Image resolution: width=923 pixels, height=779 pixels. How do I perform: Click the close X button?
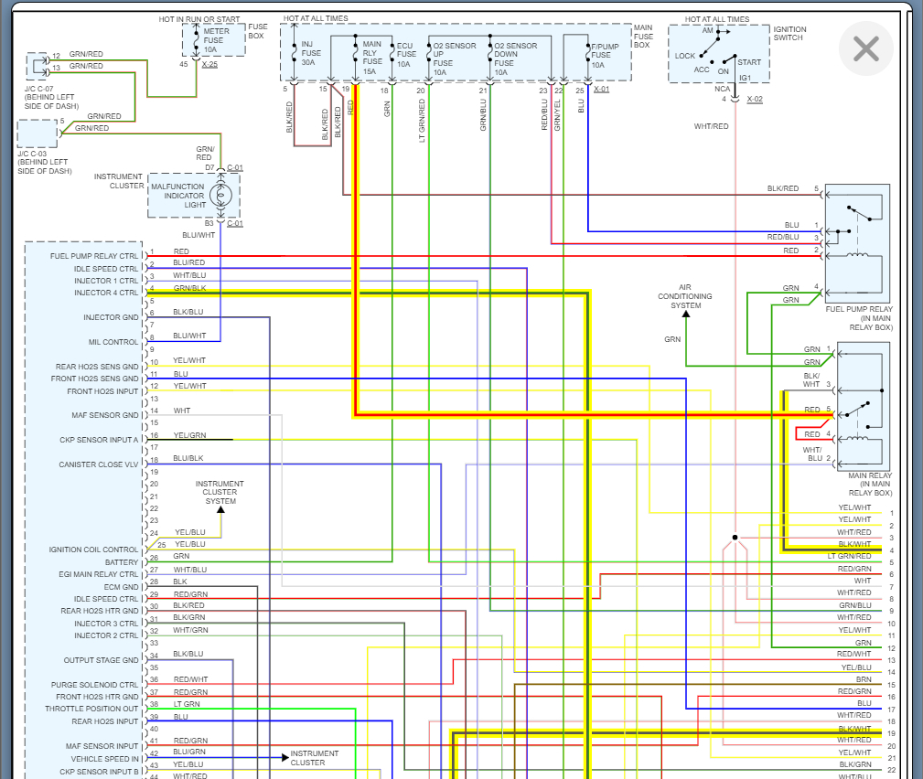(865, 48)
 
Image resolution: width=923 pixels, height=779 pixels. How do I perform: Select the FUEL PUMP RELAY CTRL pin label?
(94, 256)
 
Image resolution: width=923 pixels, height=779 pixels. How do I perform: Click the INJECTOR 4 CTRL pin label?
(105, 293)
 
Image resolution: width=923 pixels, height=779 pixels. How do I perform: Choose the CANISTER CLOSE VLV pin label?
(99, 464)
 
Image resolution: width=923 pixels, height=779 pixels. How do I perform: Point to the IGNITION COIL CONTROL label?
(93, 550)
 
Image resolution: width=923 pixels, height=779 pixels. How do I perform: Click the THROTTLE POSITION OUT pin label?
(91, 709)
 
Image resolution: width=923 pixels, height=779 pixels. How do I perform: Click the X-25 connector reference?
(209, 64)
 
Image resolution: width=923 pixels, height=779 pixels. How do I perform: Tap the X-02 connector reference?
(755, 99)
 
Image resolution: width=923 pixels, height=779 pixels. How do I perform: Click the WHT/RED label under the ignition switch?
(711, 125)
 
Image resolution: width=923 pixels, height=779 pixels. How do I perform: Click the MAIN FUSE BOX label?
(643, 36)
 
